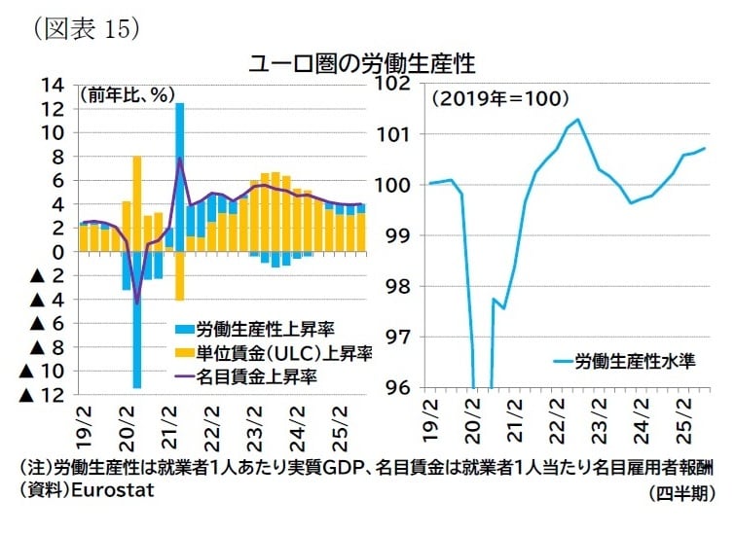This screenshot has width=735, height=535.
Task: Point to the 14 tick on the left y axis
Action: coord(54,85)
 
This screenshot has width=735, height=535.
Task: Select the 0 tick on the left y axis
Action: coord(58,251)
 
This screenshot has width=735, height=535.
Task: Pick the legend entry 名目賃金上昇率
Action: coord(257,374)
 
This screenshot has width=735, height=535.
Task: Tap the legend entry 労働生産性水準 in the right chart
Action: coord(633,361)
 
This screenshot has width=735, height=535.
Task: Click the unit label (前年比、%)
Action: coord(126,95)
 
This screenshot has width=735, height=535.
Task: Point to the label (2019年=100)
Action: coord(500,98)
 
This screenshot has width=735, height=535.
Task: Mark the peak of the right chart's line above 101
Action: coord(577,120)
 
